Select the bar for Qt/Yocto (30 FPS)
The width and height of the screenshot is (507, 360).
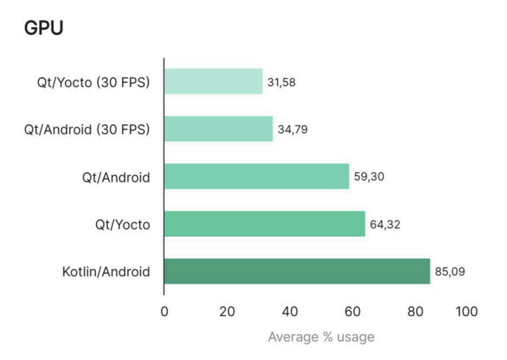[x=213, y=82]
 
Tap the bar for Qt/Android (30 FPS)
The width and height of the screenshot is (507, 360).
[x=219, y=129]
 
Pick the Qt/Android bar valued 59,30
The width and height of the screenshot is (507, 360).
[x=256, y=176]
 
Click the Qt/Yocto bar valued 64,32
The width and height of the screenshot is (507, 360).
[x=264, y=224]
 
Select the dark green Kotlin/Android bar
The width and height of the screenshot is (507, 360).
[x=297, y=271]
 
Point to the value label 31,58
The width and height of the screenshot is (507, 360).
[x=281, y=82]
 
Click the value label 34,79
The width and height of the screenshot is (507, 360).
[x=292, y=130]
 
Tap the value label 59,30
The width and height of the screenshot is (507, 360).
[x=368, y=177]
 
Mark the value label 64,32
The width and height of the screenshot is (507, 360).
[x=384, y=224]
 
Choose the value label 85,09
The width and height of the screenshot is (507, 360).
[x=449, y=271]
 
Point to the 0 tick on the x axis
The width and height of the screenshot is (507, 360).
[x=164, y=311]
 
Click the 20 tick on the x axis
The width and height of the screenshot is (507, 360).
[x=227, y=311]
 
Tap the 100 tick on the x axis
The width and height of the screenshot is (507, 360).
[x=467, y=311]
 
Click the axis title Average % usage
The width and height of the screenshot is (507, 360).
[x=321, y=337]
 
